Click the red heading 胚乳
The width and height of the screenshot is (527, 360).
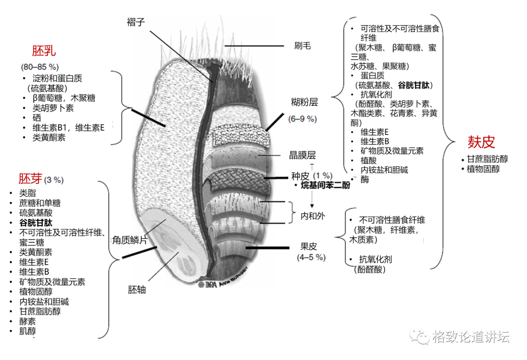pyautogui.click(x=44, y=52)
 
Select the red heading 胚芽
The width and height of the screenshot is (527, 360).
pyautogui.click(x=30, y=179)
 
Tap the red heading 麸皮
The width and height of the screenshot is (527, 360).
pyautogui.click(x=481, y=142)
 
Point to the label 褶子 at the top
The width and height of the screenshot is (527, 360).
pyautogui.click(x=136, y=22)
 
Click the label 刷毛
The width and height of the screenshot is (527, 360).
pyautogui.click(x=303, y=46)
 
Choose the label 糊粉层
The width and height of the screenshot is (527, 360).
pyautogui.click(x=304, y=102)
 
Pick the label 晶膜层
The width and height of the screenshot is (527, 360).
pyautogui.click(x=303, y=155)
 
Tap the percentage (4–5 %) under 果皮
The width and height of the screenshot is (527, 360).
pyautogui.click(x=311, y=257)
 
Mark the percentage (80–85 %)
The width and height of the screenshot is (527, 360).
pyautogui.click(x=40, y=66)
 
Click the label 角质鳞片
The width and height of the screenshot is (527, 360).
pyautogui.click(x=130, y=240)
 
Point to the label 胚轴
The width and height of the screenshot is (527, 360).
pyautogui.click(x=137, y=290)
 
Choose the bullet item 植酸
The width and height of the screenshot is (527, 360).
pyautogui.click(x=368, y=160)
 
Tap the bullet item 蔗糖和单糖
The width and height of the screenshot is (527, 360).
pyautogui.click(x=40, y=203)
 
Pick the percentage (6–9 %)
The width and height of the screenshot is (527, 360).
pyautogui.click(x=303, y=119)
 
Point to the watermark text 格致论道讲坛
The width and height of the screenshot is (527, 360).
pyautogui.click(x=471, y=337)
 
